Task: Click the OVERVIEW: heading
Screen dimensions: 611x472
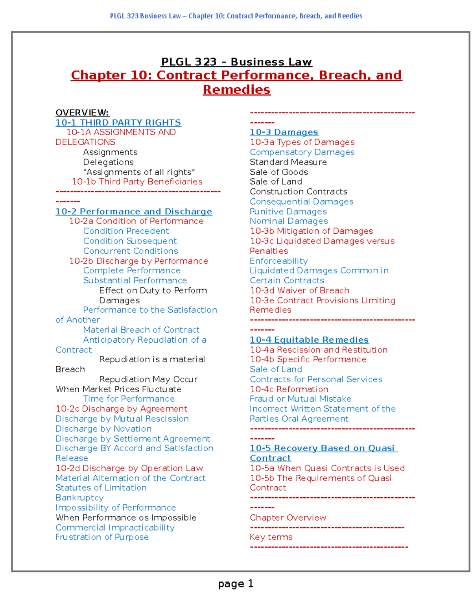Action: click(82, 113)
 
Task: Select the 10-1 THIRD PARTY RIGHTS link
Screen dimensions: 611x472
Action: click(118, 123)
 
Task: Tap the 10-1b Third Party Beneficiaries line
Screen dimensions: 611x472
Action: click(137, 182)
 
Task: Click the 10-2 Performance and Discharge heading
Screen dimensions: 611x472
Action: click(134, 212)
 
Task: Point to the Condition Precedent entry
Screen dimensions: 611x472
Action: click(126, 231)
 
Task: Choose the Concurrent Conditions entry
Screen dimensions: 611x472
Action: click(131, 251)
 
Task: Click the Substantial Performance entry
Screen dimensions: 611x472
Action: click(135, 281)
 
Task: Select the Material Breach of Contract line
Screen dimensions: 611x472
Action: click(141, 330)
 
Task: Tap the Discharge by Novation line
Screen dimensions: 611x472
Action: click(103, 429)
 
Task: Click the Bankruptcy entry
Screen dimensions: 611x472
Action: click(79, 498)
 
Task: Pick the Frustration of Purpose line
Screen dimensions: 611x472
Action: click(102, 537)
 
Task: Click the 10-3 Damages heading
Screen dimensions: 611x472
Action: click(284, 133)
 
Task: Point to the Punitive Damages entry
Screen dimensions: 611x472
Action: click(288, 212)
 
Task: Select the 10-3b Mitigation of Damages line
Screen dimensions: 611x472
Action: click(311, 231)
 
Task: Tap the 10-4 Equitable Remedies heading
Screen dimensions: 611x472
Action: click(309, 340)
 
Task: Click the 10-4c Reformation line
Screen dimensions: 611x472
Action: click(289, 389)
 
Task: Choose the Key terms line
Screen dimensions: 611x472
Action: click(271, 537)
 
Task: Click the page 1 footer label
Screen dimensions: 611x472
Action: click(236, 584)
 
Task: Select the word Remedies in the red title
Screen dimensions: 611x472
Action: click(236, 90)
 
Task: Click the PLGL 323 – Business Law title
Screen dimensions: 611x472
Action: click(236, 62)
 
